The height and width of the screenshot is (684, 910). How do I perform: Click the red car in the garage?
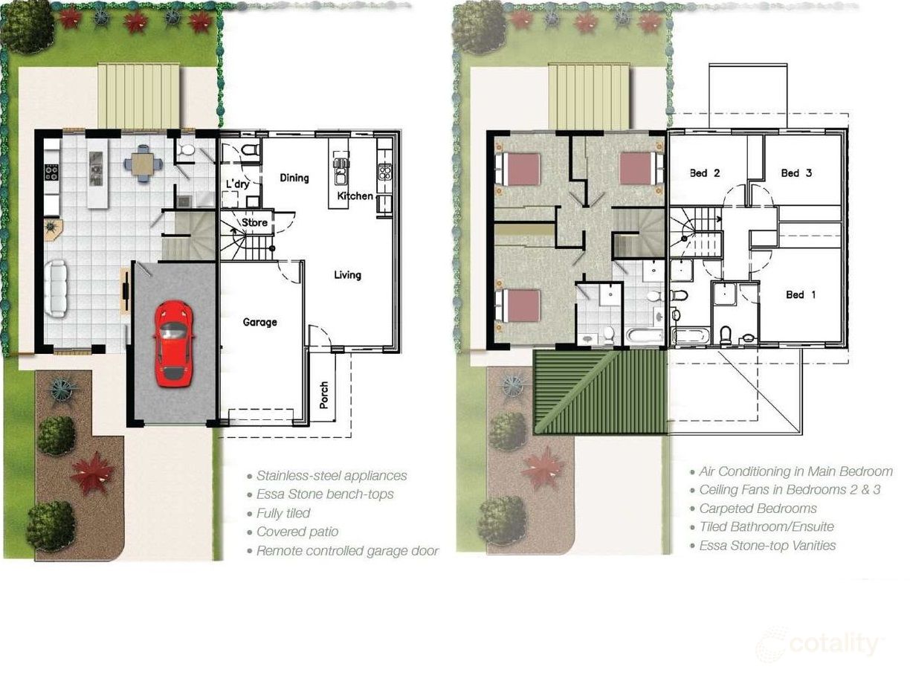[173, 343]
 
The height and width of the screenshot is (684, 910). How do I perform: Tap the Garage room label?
[260, 322]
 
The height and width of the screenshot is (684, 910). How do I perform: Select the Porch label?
[324, 395]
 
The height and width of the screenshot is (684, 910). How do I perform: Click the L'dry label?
[238, 184]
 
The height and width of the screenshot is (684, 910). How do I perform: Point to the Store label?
[254, 222]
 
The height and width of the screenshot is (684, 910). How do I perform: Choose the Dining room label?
[294, 178]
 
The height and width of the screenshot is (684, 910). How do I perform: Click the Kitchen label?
[355, 196]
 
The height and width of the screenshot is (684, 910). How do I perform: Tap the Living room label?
[347, 275]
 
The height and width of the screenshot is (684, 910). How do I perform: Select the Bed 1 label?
[801, 294]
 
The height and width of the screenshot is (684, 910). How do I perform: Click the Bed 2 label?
[705, 173]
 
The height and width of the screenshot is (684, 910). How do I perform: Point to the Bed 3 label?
[796, 173]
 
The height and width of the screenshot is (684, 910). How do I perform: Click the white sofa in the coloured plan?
[55, 288]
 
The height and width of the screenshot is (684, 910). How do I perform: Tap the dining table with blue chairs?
[143, 164]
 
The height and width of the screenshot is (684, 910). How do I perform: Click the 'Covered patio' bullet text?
[297, 532]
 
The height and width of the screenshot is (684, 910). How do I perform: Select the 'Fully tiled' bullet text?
[283, 513]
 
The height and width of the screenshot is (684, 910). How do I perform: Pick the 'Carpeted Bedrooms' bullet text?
[758, 509]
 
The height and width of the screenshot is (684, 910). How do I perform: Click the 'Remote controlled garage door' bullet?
[347, 550]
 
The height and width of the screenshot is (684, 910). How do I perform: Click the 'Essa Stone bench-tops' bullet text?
[325, 494]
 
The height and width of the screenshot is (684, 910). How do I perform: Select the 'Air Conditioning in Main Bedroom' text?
[796, 471]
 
